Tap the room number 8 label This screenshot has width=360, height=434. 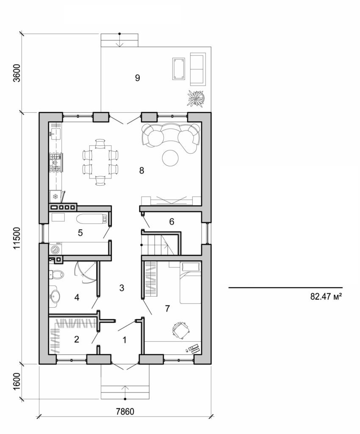pos(141,170)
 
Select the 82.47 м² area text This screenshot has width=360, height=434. pos(326,297)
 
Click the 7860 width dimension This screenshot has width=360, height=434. pos(126,411)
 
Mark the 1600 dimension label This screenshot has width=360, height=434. pos(17,381)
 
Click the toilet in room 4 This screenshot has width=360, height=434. pos(55,274)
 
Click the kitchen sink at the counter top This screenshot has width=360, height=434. pos(55,134)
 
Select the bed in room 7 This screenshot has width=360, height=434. pos(190,282)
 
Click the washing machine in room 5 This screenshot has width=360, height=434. pos(55,250)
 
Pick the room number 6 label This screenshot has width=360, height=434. pos(172,221)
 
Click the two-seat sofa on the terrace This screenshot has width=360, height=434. pos(197,69)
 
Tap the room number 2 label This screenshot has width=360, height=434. pos(77,339)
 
